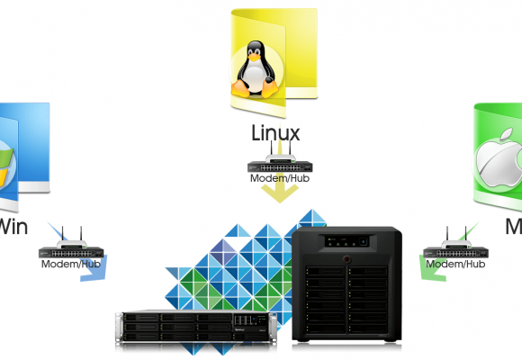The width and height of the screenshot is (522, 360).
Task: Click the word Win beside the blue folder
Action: pos(13,225)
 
